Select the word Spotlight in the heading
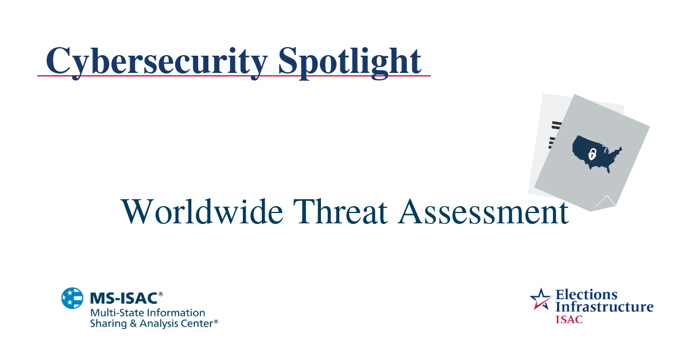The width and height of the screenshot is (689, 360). point(350,60)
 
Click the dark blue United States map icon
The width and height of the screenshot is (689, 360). point(597,152)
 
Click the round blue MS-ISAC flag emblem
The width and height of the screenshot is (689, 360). point(72,298)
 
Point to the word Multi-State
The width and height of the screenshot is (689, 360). point(115,313)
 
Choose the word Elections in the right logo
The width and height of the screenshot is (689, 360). point(586,295)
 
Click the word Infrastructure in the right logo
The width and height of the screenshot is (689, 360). point(604,307)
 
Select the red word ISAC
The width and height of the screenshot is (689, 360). point(568,319)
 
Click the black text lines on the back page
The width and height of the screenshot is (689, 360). point(553,132)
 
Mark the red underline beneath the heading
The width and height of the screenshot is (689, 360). point(234,76)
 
